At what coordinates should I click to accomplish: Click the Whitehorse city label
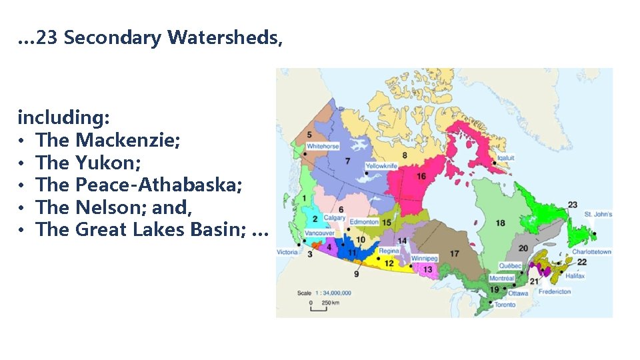[323, 146]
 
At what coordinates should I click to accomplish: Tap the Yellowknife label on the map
[381, 165]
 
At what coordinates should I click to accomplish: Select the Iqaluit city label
[506, 158]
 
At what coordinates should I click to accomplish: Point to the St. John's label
[598, 214]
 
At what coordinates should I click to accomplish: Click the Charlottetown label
[592, 252]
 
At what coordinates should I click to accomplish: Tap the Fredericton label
[555, 291]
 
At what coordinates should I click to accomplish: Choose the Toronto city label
[504, 305]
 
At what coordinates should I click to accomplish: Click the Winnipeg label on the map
[424, 258]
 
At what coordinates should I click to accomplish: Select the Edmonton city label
[363, 221]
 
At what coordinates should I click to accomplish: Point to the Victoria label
[287, 252]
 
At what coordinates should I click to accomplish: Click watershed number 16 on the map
[421, 176]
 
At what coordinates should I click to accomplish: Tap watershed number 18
[500, 223]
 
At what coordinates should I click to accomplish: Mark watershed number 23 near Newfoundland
[572, 204]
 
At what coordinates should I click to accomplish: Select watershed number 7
[347, 161]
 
